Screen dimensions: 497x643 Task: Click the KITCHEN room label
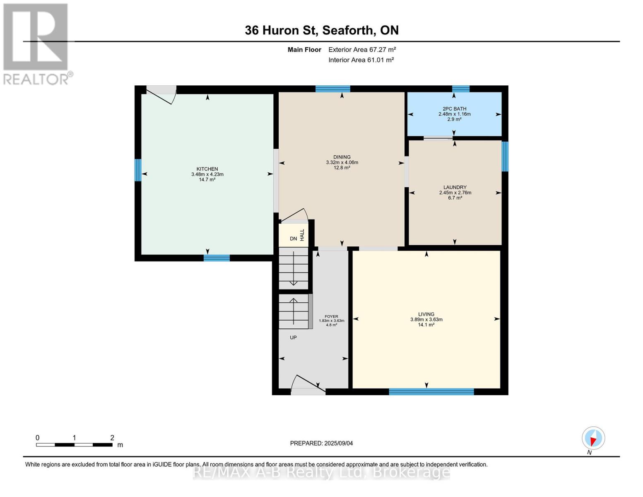(207, 169)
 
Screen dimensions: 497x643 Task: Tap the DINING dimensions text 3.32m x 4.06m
(342, 162)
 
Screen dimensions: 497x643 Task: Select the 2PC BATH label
(454, 109)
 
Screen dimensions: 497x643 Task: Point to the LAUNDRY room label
(455, 187)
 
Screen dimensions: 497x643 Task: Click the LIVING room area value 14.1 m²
(426, 325)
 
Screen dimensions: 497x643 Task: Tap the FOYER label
(331, 316)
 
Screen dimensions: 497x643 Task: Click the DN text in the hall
(293, 239)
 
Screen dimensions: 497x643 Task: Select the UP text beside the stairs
(293, 338)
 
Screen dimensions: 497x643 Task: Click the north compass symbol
(593, 438)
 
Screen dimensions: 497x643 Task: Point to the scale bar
(74, 445)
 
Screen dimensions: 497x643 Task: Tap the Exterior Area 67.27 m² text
(362, 50)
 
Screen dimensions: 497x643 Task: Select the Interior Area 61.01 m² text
(361, 60)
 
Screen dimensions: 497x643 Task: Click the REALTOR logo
(36, 43)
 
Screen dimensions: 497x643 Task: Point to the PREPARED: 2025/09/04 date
(321, 443)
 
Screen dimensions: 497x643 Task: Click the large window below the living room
(431, 392)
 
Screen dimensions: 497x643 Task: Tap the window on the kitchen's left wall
(138, 170)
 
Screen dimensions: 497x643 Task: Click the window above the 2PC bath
(460, 89)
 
